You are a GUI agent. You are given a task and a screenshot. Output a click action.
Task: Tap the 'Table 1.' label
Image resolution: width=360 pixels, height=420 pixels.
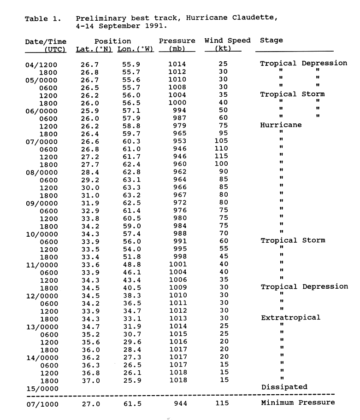coord(43,18)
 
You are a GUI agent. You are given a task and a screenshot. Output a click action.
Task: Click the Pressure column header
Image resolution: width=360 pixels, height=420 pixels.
coord(177,41)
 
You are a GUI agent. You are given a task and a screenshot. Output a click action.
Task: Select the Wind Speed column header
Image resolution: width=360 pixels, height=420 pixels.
coord(227,41)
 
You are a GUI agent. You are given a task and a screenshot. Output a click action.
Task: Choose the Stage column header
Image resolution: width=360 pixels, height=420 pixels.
coord(271,41)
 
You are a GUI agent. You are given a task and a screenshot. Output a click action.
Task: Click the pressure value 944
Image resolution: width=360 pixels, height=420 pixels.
coord(177,403)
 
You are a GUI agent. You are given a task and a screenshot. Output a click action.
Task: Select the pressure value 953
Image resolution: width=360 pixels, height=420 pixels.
coord(177,141)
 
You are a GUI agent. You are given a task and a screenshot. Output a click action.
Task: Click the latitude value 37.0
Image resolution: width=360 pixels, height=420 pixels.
coord(87,380)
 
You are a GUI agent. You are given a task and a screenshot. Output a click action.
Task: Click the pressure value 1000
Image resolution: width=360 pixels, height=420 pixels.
coord(177,103)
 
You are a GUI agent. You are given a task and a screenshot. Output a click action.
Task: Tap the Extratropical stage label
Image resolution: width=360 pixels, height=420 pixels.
coord(290,317)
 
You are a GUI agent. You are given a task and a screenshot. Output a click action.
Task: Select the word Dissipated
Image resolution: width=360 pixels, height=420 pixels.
coord(284,387)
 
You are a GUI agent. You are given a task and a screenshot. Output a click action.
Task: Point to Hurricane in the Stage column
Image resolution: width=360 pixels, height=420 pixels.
coord(281,125)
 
